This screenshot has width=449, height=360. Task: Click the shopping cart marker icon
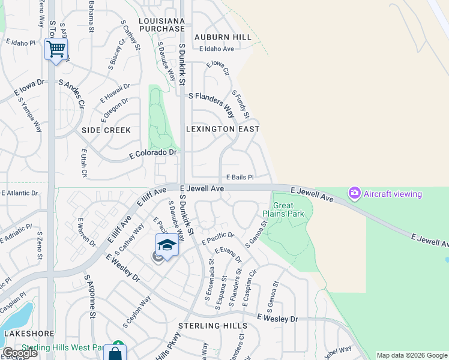(56, 49)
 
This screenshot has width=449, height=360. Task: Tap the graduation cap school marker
(167, 245)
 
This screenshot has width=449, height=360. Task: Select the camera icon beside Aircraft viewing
(354, 193)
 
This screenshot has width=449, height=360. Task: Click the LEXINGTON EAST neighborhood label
(223, 129)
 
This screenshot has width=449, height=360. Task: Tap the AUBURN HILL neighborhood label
(223, 37)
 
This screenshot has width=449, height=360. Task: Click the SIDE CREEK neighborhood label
(106, 130)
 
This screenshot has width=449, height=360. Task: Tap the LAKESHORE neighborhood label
(29, 334)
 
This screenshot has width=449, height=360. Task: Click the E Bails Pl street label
(240, 178)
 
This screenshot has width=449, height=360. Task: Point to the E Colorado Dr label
(154, 154)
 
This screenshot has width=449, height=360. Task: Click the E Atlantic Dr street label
(20, 193)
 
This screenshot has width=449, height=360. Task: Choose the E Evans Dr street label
(228, 255)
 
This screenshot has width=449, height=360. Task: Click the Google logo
(20, 352)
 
